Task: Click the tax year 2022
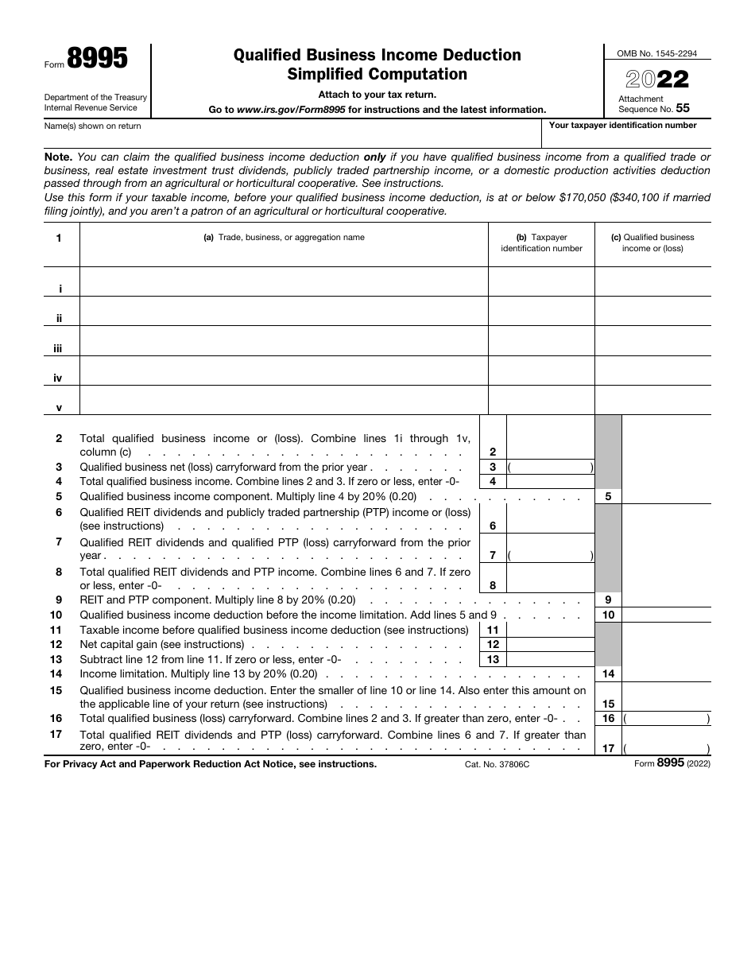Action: coord(657,80)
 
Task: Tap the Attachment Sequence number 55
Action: coord(683,109)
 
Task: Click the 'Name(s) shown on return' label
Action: coord(93,126)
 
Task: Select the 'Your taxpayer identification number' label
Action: coord(622,125)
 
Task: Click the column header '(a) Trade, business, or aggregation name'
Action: coord(284,237)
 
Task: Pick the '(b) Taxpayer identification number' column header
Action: coord(541,243)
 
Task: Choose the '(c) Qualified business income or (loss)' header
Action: coord(652,243)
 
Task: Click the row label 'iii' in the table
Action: coord(58,348)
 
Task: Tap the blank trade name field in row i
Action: coord(284,281)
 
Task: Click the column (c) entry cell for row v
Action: coord(652,401)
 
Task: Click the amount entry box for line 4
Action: coord(550,481)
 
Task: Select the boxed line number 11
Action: coord(493,630)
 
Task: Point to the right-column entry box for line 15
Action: coord(666,697)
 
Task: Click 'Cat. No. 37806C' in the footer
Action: coord(497,764)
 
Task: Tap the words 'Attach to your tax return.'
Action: coord(377,95)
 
